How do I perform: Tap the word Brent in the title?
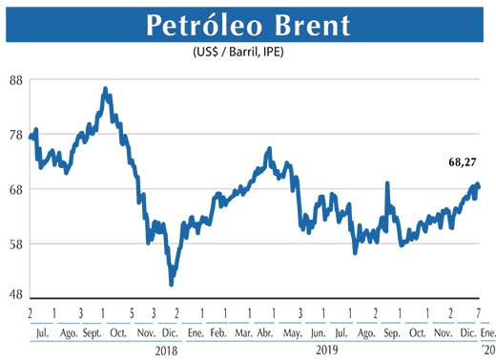(311, 26)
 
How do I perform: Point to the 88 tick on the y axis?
(14, 80)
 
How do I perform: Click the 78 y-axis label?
(14, 135)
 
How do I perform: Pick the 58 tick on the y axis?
(14, 244)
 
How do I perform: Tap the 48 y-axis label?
(14, 295)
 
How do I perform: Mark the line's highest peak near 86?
(105, 90)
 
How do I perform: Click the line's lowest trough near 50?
(172, 284)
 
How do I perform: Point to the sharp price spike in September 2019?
(387, 183)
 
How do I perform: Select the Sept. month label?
(93, 332)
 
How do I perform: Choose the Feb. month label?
(217, 332)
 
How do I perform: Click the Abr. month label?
(266, 332)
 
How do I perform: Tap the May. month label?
(291, 332)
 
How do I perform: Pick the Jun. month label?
(318, 332)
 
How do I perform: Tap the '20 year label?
(478, 350)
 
